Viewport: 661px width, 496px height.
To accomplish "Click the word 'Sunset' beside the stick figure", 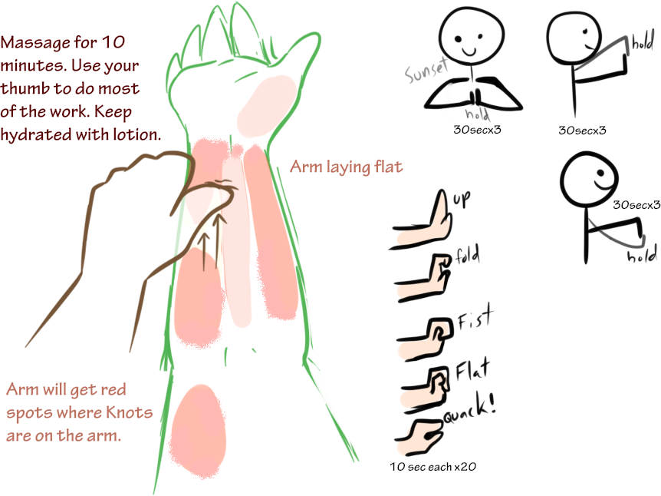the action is pos(426,70).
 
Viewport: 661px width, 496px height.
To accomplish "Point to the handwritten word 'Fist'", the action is pos(475,317).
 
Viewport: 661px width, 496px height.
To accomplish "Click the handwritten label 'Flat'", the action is pos(473,369).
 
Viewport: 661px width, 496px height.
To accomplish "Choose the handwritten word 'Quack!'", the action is pos(469,408).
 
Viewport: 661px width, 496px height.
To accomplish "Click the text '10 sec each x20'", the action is pos(433,467).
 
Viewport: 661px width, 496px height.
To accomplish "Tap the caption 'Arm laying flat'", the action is pos(346,167).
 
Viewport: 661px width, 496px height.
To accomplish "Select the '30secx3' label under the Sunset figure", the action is pos(477,130).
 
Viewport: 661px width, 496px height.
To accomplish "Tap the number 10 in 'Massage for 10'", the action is pos(113,42).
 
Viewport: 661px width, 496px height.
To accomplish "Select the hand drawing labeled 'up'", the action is pos(422,222).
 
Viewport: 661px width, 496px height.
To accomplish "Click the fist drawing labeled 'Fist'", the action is pos(426,339).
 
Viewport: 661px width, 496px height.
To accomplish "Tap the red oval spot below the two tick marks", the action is pos(198,432).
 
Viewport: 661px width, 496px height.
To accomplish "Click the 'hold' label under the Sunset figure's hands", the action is pos(478,114).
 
